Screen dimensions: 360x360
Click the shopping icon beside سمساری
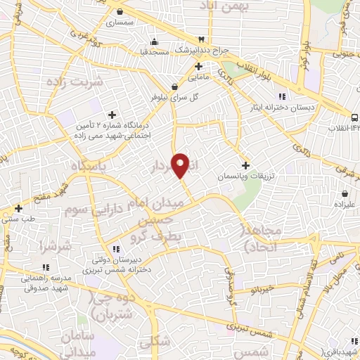point(120,11)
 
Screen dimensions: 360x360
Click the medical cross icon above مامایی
point(199,66)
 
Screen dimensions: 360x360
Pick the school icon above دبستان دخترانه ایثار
point(282,96)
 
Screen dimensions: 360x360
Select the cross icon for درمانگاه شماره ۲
point(111,115)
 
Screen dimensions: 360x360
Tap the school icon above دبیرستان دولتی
point(116,248)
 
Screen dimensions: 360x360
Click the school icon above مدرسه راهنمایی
point(46,267)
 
